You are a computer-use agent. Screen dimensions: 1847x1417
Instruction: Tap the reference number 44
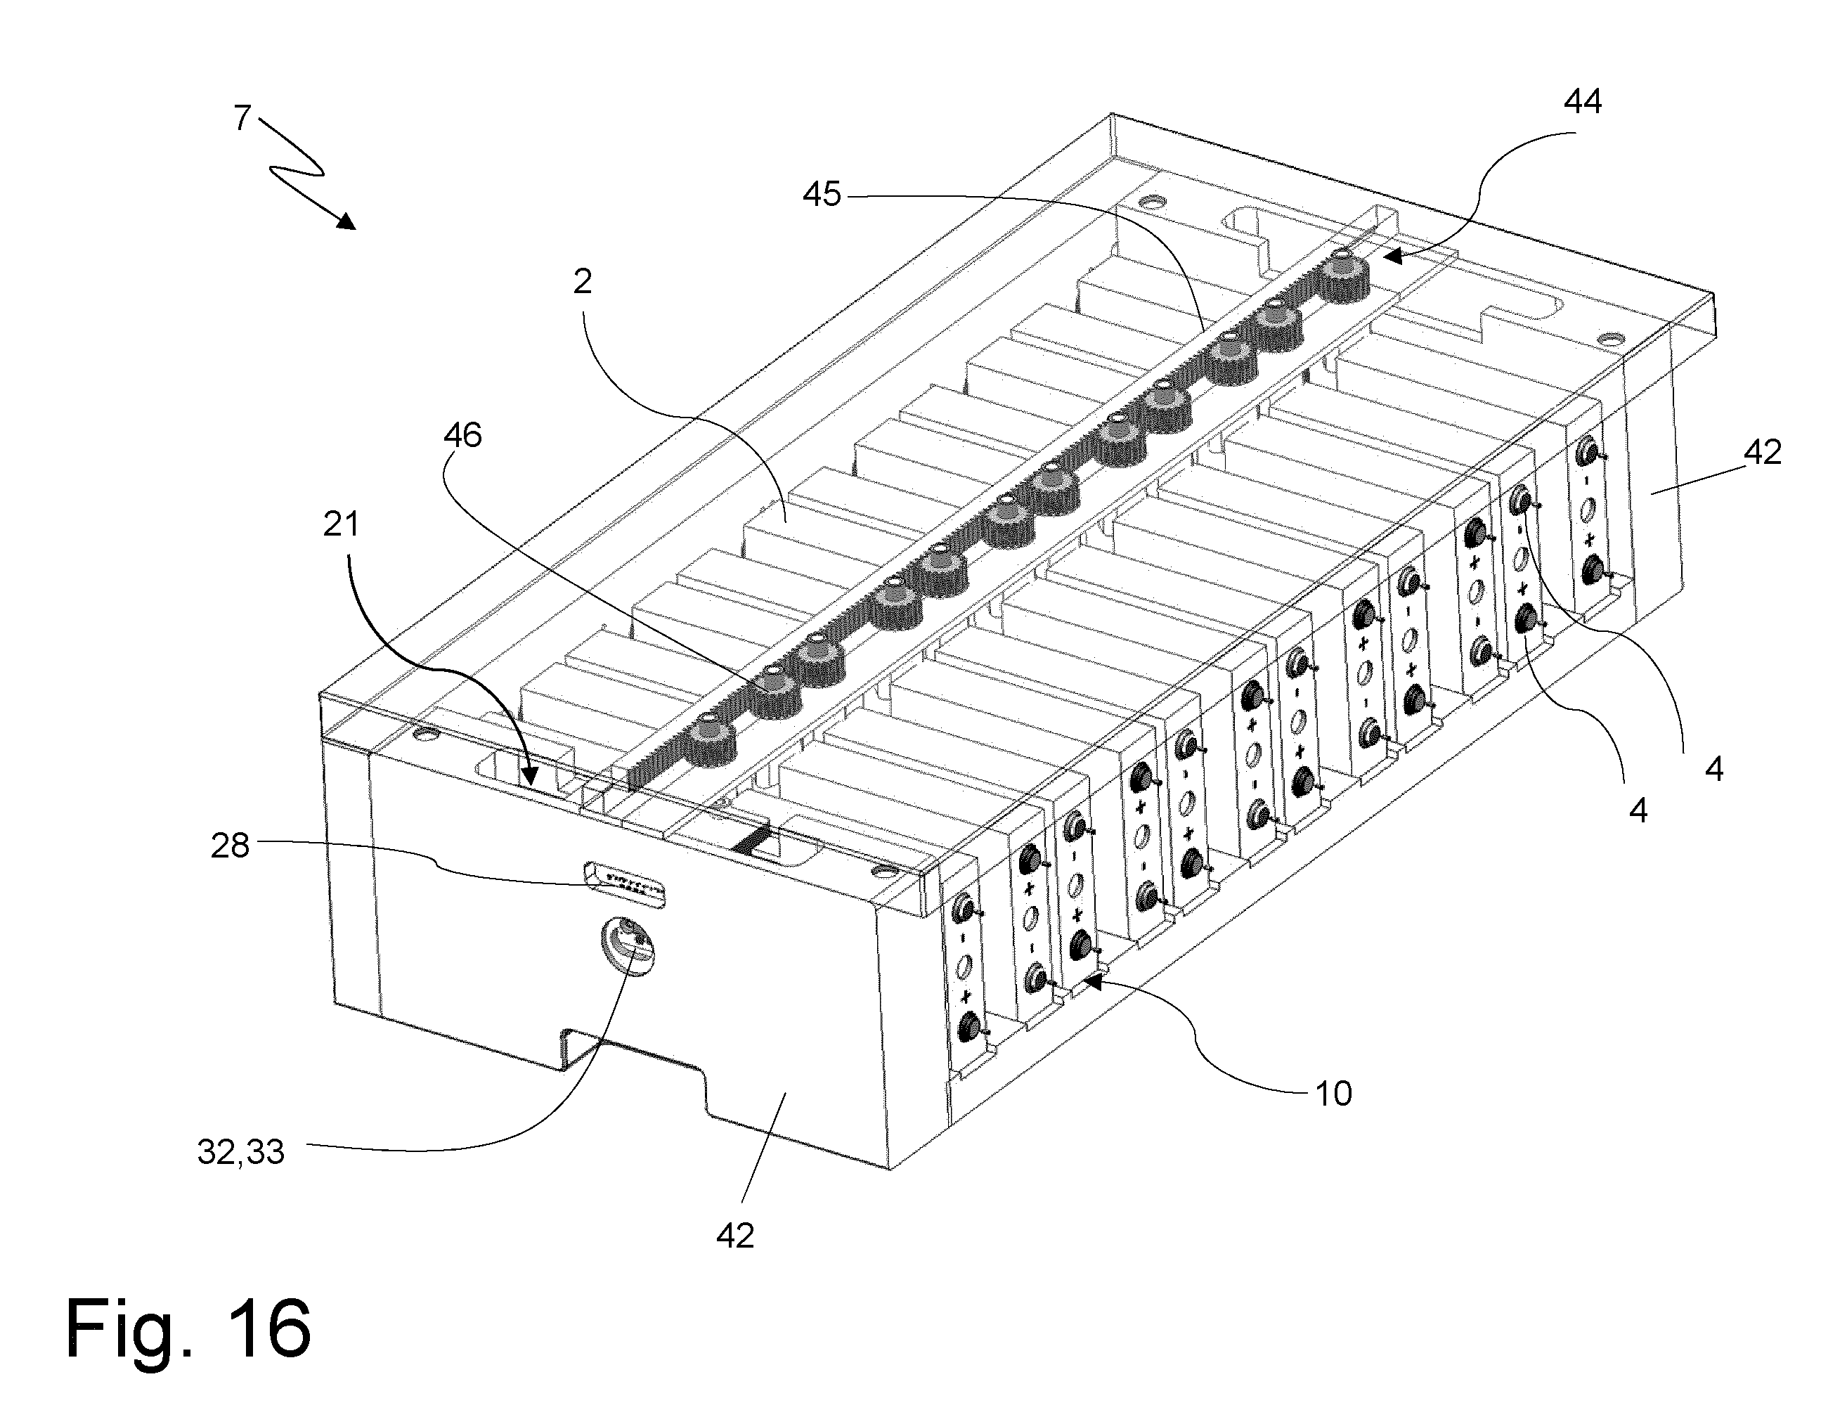pyautogui.click(x=1582, y=101)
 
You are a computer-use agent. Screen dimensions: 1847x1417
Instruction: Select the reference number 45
pyautogui.click(x=822, y=195)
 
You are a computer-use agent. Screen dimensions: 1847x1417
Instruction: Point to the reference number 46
pyautogui.click(x=462, y=435)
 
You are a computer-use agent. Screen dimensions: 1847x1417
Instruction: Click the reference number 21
pyautogui.click(x=341, y=524)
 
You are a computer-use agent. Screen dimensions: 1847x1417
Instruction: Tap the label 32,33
pyautogui.click(x=240, y=1152)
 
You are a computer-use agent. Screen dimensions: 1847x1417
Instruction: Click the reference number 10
pyautogui.click(x=1333, y=1094)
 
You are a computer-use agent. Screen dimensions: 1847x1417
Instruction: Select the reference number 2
pyautogui.click(x=582, y=282)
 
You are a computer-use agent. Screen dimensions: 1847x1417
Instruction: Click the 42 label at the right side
pyautogui.click(x=1762, y=453)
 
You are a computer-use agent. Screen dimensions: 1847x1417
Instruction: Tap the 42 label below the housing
pyautogui.click(x=734, y=1236)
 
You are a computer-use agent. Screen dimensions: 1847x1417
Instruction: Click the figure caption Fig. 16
pyautogui.click(x=188, y=1328)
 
